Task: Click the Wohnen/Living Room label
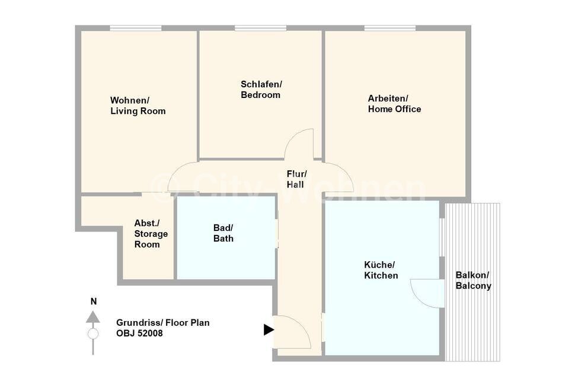pyautogui.click(x=138, y=106)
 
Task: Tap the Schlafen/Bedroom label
pyautogui.click(x=261, y=90)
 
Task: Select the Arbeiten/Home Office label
pyautogui.click(x=395, y=104)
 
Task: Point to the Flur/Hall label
pyautogui.click(x=296, y=179)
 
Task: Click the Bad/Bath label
pyautogui.click(x=223, y=233)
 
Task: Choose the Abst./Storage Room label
pyautogui.click(x=151, y=234)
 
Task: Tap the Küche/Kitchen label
pyautogui.click(x=381, y=270)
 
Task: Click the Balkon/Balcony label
pyautogui.click(x=474, y=281)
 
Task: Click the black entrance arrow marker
pyautogui.click(x=269, y=329)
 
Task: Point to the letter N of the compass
pyautogui.click(x=94, y=302)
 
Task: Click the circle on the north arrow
pyautogui.click(x=93, y=334)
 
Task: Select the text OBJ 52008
pyautogui.click(x=139, y=334)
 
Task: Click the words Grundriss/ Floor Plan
pyautogui.click(x=163, y=323)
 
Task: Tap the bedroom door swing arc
pyautogui.click(x=293, y=138)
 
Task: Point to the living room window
pyautogui.click(x=136, y=28)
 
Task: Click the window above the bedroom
pyautogui.click(x=260, y=28)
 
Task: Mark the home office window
pyautogui.click(x=390, y=28)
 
